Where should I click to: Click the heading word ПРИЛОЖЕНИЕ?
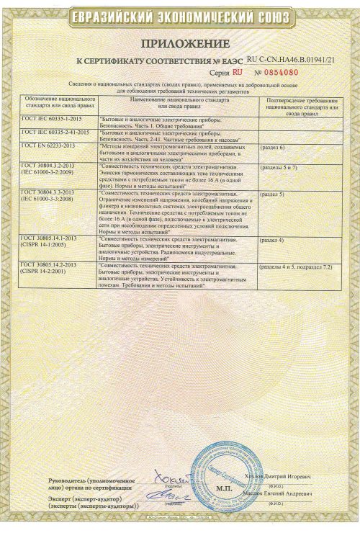pyautogui.click(x=180, y=44)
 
